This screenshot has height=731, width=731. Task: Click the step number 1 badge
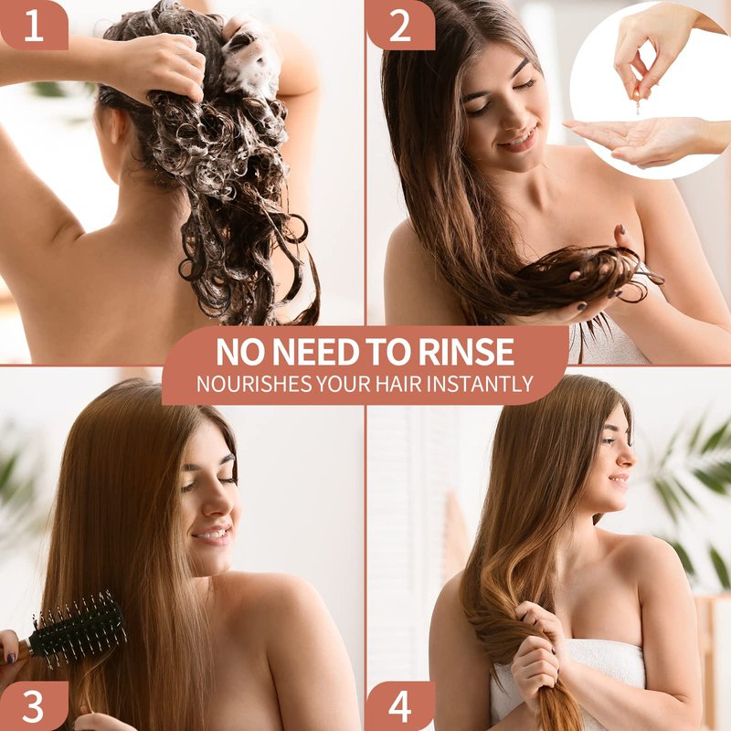point(34,26)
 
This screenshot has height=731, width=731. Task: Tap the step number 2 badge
point(400,26)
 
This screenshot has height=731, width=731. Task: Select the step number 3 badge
point(34,705)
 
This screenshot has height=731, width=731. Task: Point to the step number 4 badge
point(400,705)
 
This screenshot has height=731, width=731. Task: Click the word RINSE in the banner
point(466,352)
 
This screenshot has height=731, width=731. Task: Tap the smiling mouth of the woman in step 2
point(518,139)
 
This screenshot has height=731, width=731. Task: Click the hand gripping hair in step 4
point(541,652)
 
